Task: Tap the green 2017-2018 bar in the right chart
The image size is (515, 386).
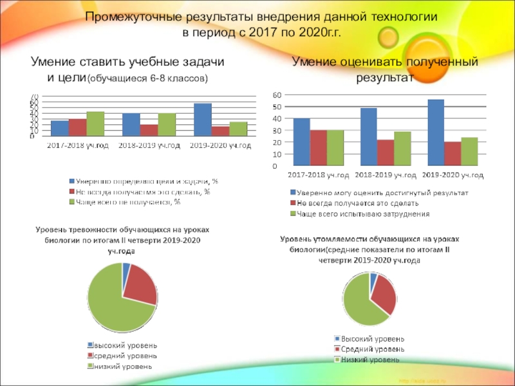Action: [x=335, y=148]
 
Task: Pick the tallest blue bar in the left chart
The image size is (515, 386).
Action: [x=203, y=120]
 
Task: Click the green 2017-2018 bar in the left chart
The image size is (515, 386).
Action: [x=95, y=124]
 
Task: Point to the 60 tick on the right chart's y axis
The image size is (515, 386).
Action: [x=277, y=95]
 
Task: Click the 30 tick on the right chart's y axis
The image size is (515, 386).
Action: [x=277, y=131]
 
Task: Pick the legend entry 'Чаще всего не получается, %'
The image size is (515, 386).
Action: [x=128, y=201]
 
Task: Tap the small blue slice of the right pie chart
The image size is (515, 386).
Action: [x=373, y=277]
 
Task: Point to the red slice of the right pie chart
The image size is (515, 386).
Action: [x=384, y=295]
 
